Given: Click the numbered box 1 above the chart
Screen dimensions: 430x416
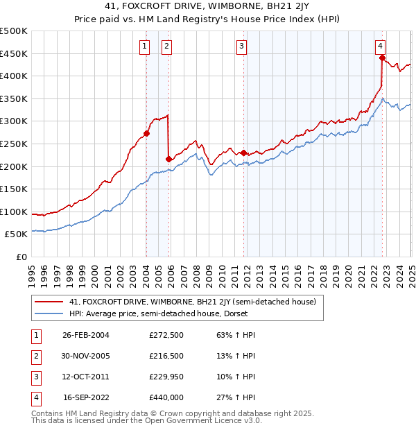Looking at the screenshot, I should pos(144,46).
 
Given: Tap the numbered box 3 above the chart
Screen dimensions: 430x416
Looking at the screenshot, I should pos(241,46).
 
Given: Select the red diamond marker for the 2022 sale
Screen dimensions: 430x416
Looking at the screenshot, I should pos(382,58).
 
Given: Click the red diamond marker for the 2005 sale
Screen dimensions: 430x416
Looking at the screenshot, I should pos(168,159).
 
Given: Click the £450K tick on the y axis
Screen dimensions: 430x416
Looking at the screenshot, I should pos(14,53).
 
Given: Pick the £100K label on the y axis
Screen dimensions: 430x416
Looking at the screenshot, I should pos(14,212).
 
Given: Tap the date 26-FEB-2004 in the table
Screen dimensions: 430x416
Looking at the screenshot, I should pos(86,335).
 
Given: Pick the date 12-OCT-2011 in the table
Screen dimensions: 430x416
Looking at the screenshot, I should pos(86,377).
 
